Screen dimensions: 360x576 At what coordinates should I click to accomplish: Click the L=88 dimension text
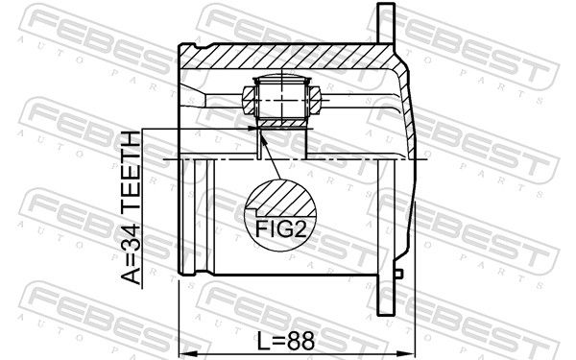[287, 340]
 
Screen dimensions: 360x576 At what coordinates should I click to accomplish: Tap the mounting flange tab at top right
[388, 25]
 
